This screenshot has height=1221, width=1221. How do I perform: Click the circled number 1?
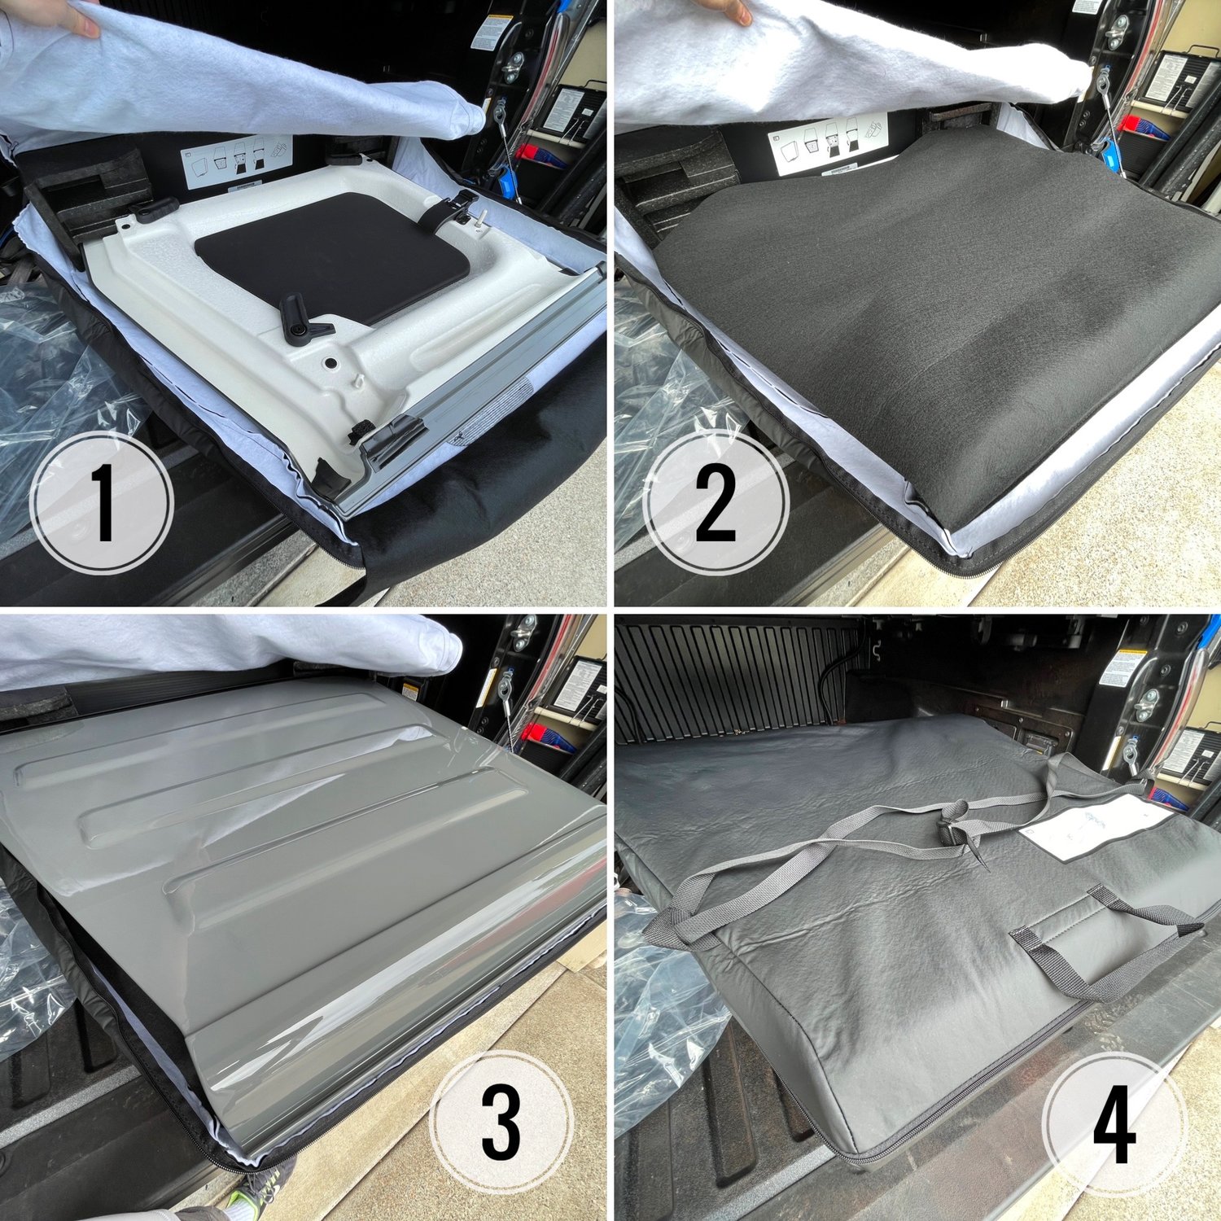(101, 503)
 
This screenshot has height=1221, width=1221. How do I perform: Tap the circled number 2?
(715, 503)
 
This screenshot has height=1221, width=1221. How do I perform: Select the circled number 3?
(500, 1123)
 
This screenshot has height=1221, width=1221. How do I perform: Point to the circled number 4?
(1114, 1123)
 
